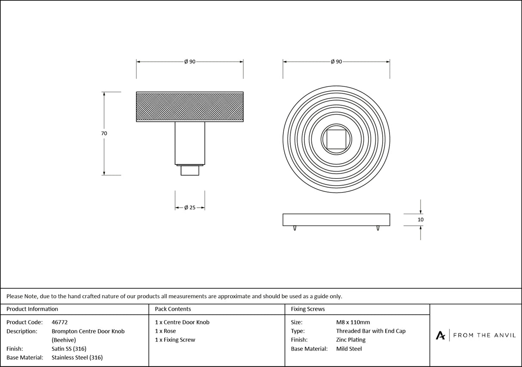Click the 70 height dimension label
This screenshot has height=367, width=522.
[x=104, y=133]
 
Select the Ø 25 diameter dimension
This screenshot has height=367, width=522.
[x=190, y=208]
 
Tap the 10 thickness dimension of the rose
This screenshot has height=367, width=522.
[x=421, y=220]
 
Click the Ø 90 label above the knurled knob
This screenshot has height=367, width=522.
[x=190, y=62]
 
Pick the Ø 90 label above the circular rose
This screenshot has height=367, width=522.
[x=336, y=62]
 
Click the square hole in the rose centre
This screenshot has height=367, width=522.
[x=336, y=139]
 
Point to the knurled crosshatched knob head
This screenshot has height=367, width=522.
[x=190, y=107]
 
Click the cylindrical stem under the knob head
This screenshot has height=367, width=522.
[x=190, y=143]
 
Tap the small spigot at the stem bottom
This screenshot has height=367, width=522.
[x=190, y=171]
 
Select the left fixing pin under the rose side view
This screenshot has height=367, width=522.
[x=295, y=228]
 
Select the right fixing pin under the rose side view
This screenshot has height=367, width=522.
[x=378, y=228]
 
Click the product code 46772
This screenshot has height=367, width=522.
[x=59, y=322]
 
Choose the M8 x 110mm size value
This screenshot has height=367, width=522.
[x=353, y=322]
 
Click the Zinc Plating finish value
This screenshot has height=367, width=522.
[x=350, y=340]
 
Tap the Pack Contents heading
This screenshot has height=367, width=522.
[x=173, y=309]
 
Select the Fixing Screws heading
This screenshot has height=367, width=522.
[x=308, y=309]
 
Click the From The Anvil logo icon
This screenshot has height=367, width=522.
[x=441, y=335]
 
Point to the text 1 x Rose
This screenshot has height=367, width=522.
[x=165, y=331]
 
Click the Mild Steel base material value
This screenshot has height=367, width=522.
[x=349, y=349]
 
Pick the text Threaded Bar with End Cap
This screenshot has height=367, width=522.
[x=371, y=331]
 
